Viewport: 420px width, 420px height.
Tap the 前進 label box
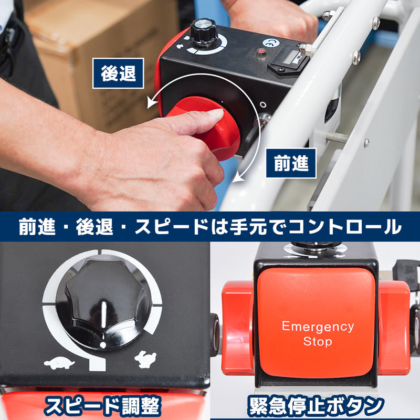point(291,164)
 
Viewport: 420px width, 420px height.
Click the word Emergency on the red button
point(318,326)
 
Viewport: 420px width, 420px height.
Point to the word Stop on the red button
point(318,342)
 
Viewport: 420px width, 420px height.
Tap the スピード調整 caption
point(102,406)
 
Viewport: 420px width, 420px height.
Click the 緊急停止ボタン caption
point(315,406)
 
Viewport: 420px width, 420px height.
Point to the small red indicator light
point(259,52)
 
